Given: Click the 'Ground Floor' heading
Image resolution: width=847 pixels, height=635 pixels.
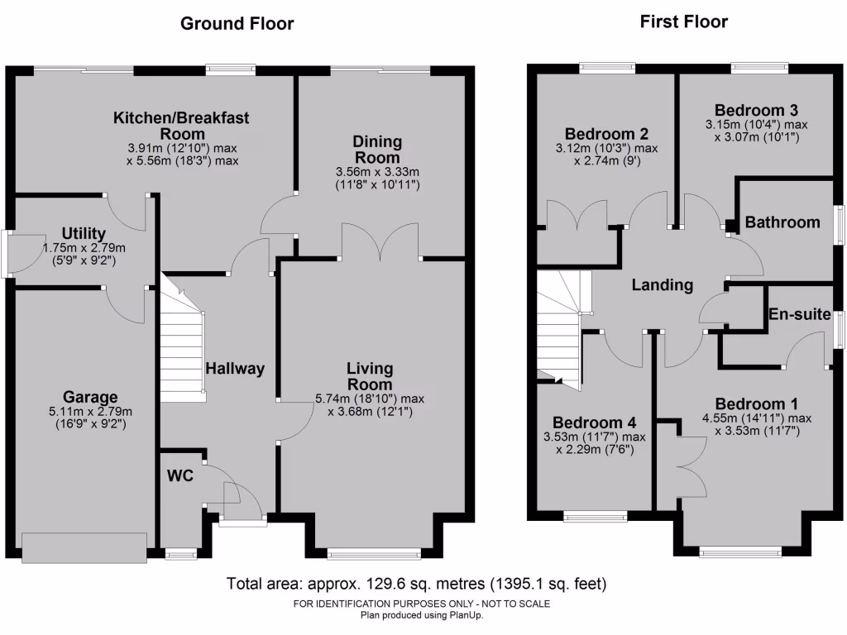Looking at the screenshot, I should pyautogui.click(x=237, y=24).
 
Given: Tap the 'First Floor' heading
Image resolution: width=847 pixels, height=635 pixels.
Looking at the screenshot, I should pyautogui.click(x=683, y=22).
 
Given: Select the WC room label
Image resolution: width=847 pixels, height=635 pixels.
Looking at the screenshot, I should pyautogui.click(x=180, y=475).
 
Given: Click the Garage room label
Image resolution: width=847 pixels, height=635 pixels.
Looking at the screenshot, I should pyautogui.click(x=90, y=397).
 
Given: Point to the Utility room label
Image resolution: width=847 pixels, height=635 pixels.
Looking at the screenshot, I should pyautogui.click(x=83, y=233).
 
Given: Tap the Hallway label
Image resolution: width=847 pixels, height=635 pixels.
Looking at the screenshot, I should pyautogui.click(x=235, y=369).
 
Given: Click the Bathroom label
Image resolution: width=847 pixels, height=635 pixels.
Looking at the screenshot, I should pyautogui.click(x=782, y=222).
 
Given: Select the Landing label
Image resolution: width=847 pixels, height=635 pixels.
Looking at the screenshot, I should pyautogui.click(x=662, y=285).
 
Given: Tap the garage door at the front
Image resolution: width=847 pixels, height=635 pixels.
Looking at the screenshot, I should pyautogui.click(x=85, y=547).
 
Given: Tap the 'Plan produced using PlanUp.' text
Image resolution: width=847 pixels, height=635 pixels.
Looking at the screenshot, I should pyautogui.click(x=421, y=614).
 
